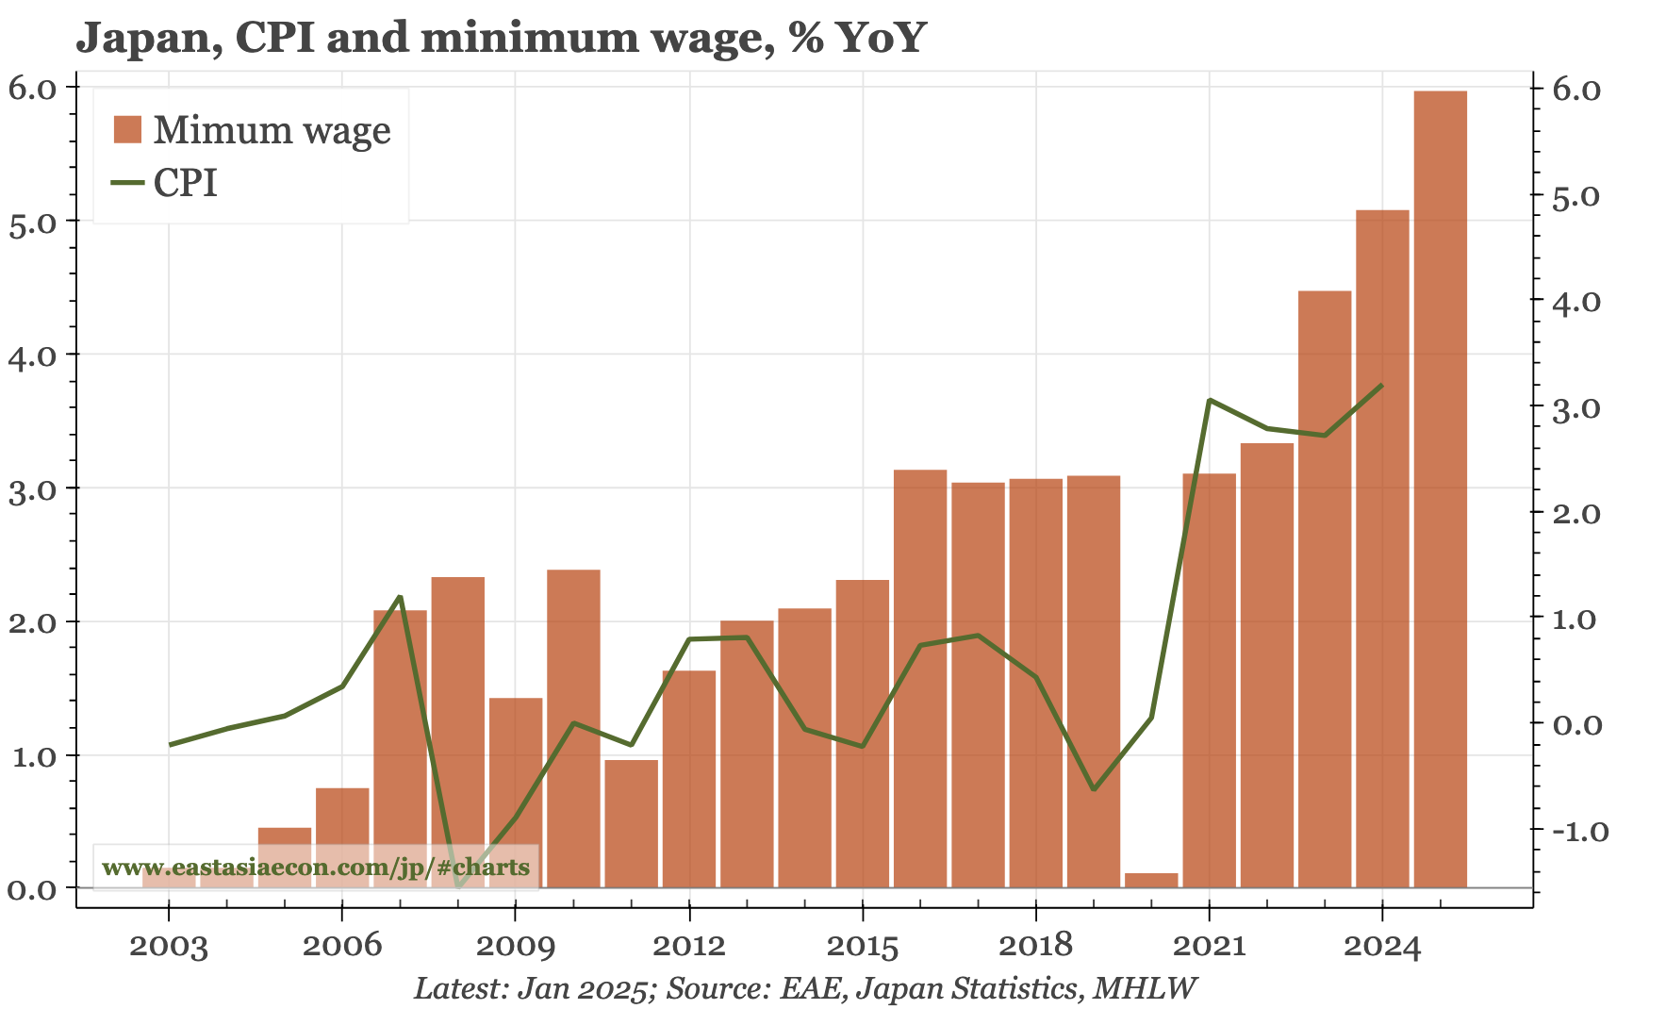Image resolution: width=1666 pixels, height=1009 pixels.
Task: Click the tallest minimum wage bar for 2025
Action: coord(1440,490)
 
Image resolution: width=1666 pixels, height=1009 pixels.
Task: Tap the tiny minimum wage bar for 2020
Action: coord(1151,880)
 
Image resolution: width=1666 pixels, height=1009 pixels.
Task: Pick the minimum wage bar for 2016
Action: coord(920,679)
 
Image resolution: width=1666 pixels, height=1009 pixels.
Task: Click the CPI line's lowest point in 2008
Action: coord(458,885)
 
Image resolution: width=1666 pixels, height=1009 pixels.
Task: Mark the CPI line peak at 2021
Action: coord(1210,400)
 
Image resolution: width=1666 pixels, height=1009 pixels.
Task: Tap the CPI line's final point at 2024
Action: coord(1381,385)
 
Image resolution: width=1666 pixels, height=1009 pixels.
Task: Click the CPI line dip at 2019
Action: coord(1094,788)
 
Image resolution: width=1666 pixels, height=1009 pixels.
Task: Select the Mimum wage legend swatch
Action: coord(127,130)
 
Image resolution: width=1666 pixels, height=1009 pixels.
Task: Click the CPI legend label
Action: coord(186,182)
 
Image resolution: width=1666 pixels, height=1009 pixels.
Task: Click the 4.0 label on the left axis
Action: coord(32,355)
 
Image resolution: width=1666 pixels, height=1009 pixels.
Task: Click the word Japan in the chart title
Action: coord(148,38)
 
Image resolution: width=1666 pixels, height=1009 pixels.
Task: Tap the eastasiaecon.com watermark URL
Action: coord(316,867)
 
